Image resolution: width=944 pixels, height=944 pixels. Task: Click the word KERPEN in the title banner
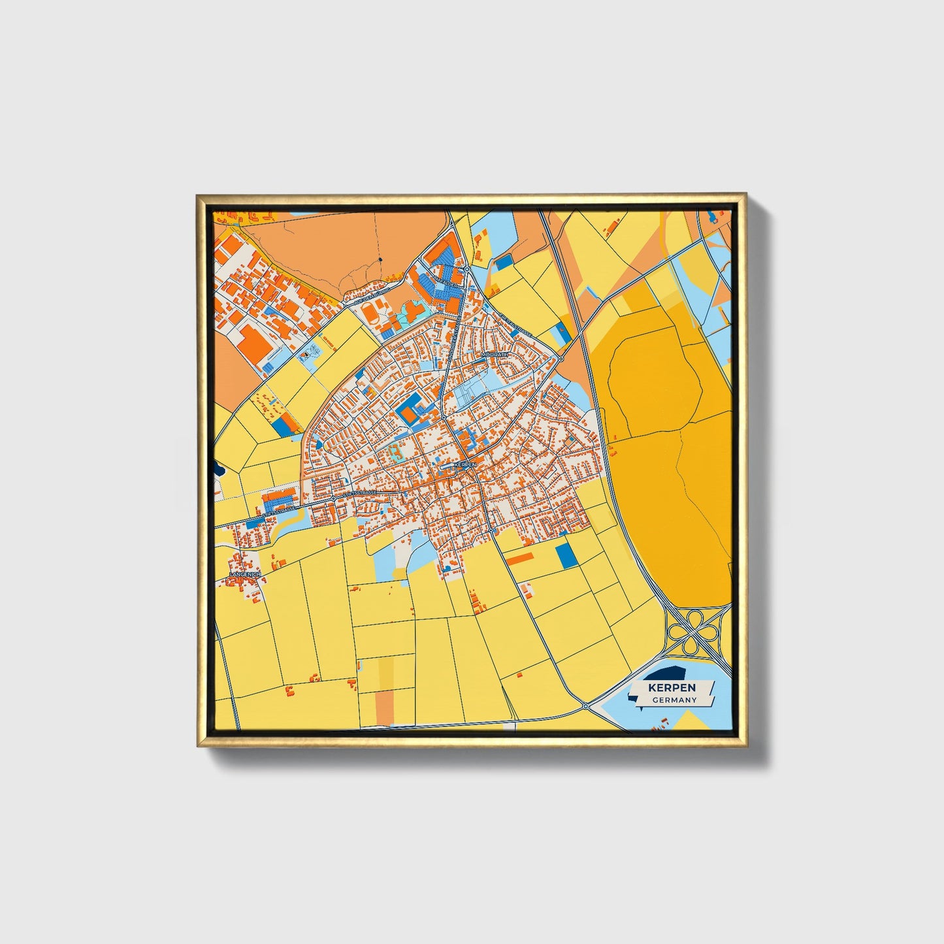click(672, 688)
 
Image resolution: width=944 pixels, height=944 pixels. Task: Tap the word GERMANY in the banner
click(674, 700)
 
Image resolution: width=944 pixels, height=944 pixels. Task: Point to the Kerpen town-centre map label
click(466, 464)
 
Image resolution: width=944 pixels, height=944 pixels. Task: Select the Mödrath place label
click(494, 354)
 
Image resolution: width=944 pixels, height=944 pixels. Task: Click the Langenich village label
click(245, 574)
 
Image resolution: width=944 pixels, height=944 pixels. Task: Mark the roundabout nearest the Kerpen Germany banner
click(586, 706)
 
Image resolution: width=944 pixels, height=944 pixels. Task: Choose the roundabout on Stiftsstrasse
click(333, 498)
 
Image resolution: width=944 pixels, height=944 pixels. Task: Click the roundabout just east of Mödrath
click(561, 359)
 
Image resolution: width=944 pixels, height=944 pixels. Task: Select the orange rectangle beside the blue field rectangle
click(521, 558)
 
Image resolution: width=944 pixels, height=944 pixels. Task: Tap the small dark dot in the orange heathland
click(380, 260)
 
